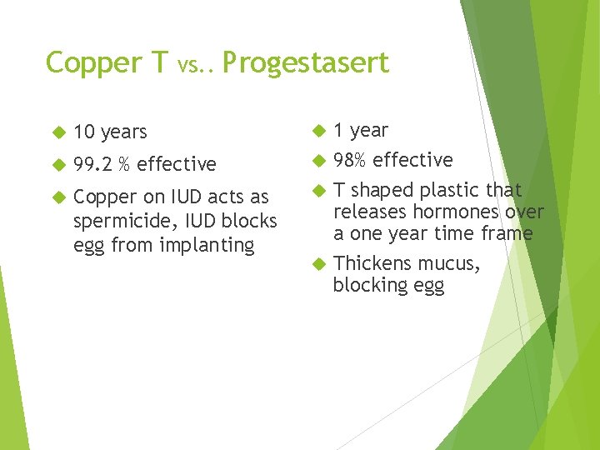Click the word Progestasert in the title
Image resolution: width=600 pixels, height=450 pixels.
point(305,63)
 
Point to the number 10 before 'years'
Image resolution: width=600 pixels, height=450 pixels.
point(84,132)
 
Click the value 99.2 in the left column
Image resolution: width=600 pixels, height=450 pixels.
point(92,164)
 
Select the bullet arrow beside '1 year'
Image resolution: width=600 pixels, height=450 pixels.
point(317,131)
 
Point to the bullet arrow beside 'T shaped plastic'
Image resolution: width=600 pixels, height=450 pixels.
point(317,191)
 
